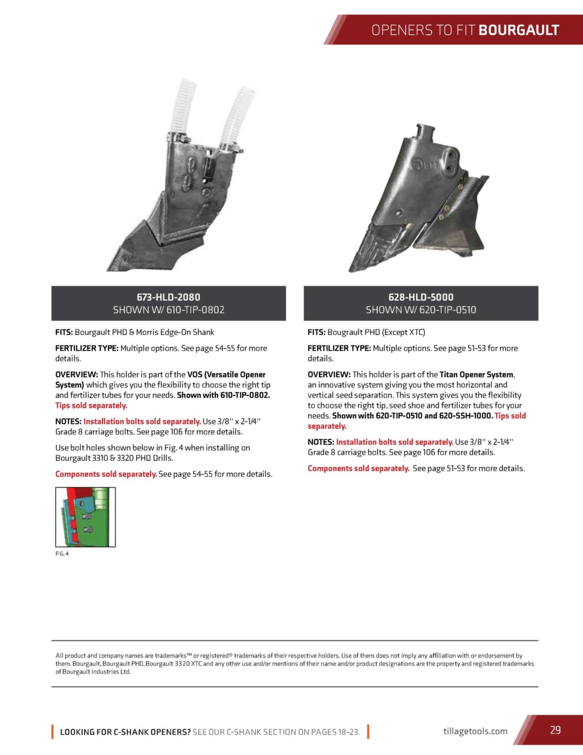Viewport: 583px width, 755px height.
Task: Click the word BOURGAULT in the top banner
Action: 519,30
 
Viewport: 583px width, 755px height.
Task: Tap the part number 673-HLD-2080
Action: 169,297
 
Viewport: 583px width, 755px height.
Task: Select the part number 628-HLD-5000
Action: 421,297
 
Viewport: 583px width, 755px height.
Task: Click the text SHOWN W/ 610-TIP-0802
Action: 169,310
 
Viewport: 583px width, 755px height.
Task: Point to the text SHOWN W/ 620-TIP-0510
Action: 421,310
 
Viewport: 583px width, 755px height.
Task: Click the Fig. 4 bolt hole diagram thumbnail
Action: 85,517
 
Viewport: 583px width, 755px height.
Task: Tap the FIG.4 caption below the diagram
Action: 62,554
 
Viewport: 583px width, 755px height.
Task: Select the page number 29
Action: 555,730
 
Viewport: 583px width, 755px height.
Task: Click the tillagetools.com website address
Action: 475,731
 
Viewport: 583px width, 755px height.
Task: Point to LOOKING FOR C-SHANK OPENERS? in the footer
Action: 125,732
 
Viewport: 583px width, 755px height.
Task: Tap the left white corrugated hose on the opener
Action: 183,105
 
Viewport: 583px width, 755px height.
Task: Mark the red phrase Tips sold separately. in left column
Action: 91,406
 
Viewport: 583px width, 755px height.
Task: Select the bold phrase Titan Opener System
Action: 477,375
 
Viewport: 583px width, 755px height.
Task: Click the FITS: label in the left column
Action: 64,332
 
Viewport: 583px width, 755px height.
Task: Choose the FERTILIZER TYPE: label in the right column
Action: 339,348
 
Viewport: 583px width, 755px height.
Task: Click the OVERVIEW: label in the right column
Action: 329,375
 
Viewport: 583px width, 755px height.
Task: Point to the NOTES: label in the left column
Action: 68,422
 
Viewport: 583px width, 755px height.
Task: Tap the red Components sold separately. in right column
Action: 359,468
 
